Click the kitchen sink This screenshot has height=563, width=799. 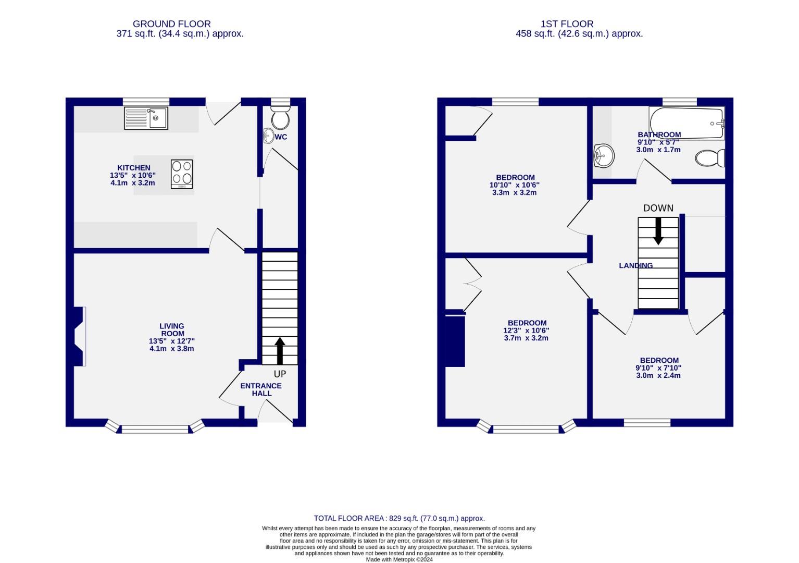click(146, 118)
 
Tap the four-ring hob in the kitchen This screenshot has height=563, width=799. click(182, 174)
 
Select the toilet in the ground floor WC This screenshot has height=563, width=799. click(281, 118)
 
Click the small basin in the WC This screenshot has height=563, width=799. click(268, 137)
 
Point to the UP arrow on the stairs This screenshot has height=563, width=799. click(280, 350)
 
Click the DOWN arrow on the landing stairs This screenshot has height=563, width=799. click(658, 231)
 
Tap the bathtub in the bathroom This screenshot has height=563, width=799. click(686, 123)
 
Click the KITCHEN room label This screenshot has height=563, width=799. click(134, 168)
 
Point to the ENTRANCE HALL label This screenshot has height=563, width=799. click(261, 389)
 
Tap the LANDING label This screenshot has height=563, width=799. click(635, 266)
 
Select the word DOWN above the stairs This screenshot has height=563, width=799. click(658, 208)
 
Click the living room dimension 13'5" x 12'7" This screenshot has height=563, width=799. click(171, 341)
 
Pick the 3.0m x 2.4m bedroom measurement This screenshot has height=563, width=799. click(658, 375)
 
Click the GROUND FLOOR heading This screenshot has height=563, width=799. click(171, 24)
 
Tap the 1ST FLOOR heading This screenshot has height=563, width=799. click(567, 24)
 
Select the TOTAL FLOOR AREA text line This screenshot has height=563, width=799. click(399, 518)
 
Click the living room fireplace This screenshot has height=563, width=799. click(78, 336)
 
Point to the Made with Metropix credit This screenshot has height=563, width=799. click(399, 559)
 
